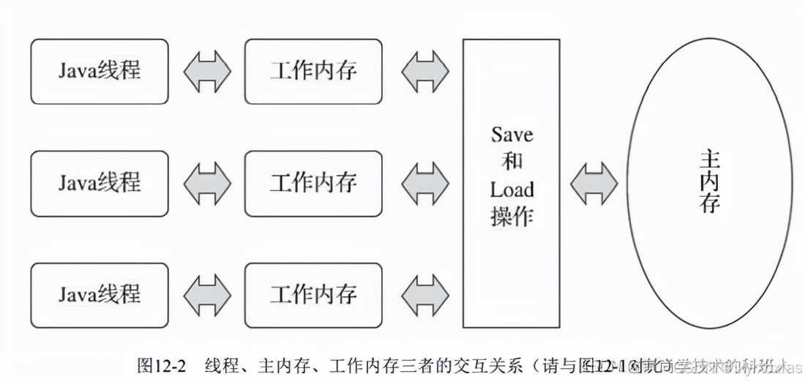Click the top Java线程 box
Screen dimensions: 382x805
pyautogui.click(x=100, y=71)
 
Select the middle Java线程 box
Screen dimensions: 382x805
pyautogui.click(x=100, y=183)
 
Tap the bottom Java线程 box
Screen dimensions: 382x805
pyautogui.click(x=100, y=295)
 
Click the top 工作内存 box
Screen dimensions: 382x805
pyautogui.click(x=313, y=71)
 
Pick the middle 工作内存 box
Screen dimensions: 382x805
pyautogui.click(x=313, y=183)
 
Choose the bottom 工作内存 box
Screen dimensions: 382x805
pyautogui.click(x=313, y=295)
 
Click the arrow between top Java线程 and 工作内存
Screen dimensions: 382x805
pyautogui.click(x=206, y=72)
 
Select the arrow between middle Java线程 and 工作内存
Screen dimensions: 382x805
pyautogui.click(x=206, y=183)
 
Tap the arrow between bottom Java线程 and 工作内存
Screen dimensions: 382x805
pyautogui.click(x=206, y=295)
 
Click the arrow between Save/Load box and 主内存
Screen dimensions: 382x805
pyautogui.click(x=594, y=183)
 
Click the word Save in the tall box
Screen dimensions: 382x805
pyautogui.click(x=512, y=135)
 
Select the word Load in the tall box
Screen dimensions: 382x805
pyautogui.click(x=512, y=190)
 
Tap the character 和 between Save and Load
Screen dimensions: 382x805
pyautogui.click(x=512, y=162)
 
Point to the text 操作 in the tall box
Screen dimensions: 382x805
pyautogui.click(x=512, y=217)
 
